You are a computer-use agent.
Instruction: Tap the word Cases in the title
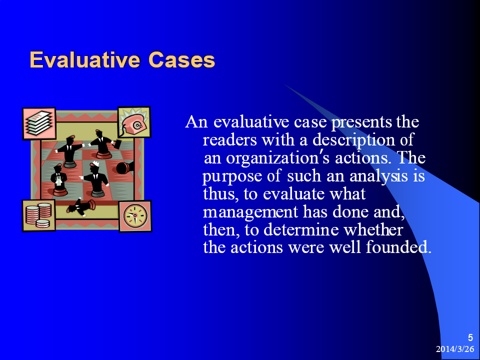click(181, 59)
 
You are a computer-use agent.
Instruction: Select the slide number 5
click(470, 337)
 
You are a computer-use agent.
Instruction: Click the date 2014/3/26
click(455, 348)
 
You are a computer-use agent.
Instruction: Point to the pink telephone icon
click(134, 122)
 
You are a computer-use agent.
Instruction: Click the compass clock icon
click(135, 216)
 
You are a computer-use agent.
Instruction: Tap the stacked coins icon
click(38, 215)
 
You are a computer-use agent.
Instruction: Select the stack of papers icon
click(39, 123)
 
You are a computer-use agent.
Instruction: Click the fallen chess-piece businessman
click(81, 207)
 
